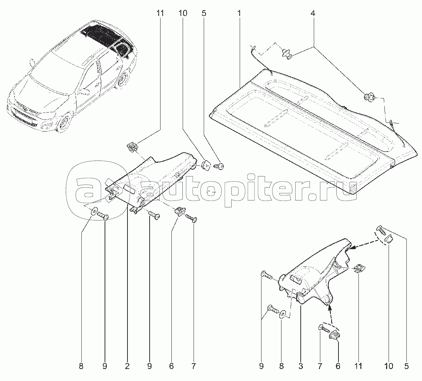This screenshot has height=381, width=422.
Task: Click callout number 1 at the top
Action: (239, 14)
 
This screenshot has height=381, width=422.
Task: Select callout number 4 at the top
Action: (313, 14)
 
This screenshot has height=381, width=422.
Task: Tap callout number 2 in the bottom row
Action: (127, 366)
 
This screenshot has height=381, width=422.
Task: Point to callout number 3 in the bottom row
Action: (301, 366)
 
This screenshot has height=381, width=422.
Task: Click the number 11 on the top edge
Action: (160, 14)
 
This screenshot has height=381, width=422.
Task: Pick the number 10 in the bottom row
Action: (389, 366)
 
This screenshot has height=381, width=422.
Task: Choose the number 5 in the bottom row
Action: (406, 366)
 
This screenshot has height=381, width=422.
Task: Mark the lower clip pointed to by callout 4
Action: (369, 97)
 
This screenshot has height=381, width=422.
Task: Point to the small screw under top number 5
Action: (219, 166)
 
